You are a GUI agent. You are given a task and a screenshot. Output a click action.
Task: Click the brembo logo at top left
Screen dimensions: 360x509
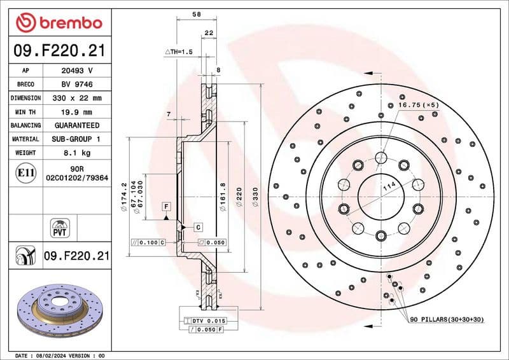pos(59,23)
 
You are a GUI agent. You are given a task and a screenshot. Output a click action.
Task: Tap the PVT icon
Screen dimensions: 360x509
pos(59,228)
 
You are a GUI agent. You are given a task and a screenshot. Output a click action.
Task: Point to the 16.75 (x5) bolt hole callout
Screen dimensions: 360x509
pos(418,104)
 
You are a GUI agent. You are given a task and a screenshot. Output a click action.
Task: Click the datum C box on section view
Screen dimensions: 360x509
pos(198,226)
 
